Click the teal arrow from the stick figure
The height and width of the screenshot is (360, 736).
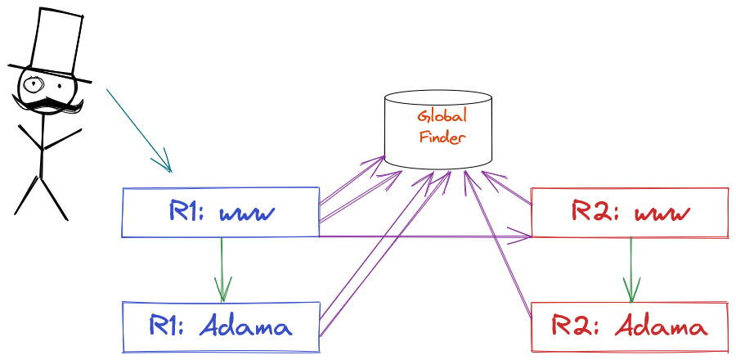139,130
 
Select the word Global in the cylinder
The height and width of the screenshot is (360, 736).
442,116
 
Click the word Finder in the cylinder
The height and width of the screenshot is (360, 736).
442,137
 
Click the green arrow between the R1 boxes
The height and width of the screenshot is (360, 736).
222,269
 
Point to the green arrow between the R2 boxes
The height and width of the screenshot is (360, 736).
631,269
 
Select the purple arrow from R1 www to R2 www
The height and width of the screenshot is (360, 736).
424,236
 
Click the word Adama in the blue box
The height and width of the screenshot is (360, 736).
245,326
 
